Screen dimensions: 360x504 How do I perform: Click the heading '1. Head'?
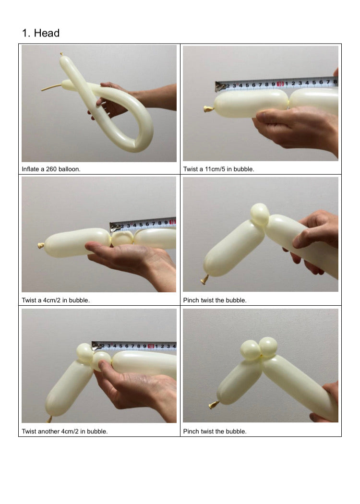point(40,33)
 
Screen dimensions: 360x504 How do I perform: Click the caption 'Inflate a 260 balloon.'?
point(51,169)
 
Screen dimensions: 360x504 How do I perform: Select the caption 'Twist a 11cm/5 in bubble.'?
point(218,169)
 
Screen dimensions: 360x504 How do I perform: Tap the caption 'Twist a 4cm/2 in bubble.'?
point(56,300)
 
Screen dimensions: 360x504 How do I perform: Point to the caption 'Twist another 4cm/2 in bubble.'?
point(65,432)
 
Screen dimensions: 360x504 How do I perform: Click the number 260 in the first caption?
point(51,169)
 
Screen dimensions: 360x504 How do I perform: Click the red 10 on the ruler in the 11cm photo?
point(280,84)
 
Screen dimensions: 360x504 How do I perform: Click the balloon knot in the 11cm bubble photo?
point(208,109)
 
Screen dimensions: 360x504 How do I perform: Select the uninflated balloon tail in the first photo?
point(51,87)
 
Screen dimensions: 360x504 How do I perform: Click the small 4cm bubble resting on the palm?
point(122,239)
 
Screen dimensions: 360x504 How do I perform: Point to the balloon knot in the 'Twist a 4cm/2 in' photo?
point(41,246)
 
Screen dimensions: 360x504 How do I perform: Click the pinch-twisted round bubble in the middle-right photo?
point(259,215)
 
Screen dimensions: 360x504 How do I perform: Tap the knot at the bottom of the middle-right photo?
point(204,280)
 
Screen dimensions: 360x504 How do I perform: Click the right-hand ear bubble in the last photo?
point(268,346)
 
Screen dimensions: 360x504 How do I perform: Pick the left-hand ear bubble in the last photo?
point(251,350)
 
